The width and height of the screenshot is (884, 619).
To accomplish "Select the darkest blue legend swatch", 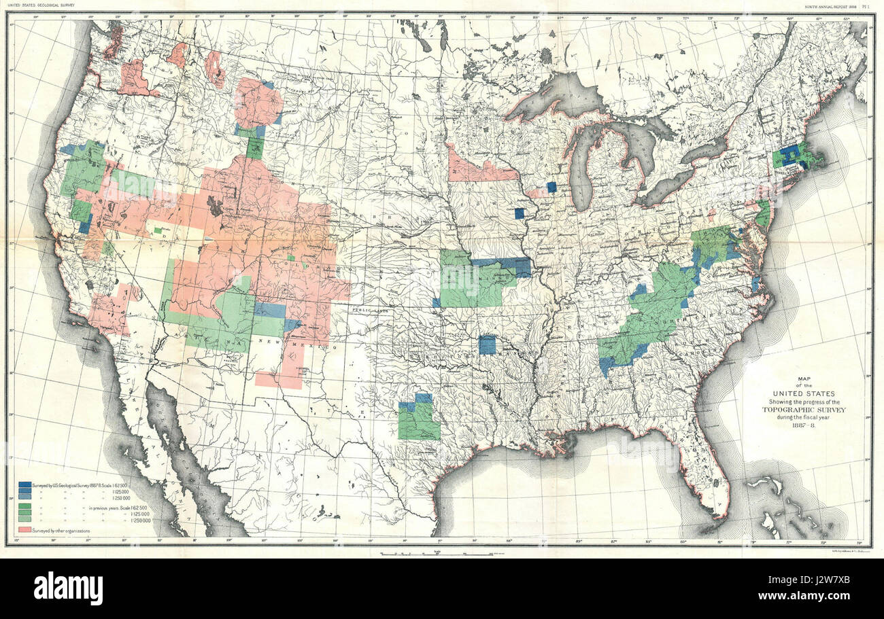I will point(25,484).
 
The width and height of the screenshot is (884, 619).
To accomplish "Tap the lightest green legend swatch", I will point(25,519).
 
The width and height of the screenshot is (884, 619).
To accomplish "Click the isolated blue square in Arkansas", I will point(487,344).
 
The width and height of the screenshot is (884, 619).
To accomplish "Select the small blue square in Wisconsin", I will point(551,187).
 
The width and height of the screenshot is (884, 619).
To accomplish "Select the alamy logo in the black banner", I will point(68,588).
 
